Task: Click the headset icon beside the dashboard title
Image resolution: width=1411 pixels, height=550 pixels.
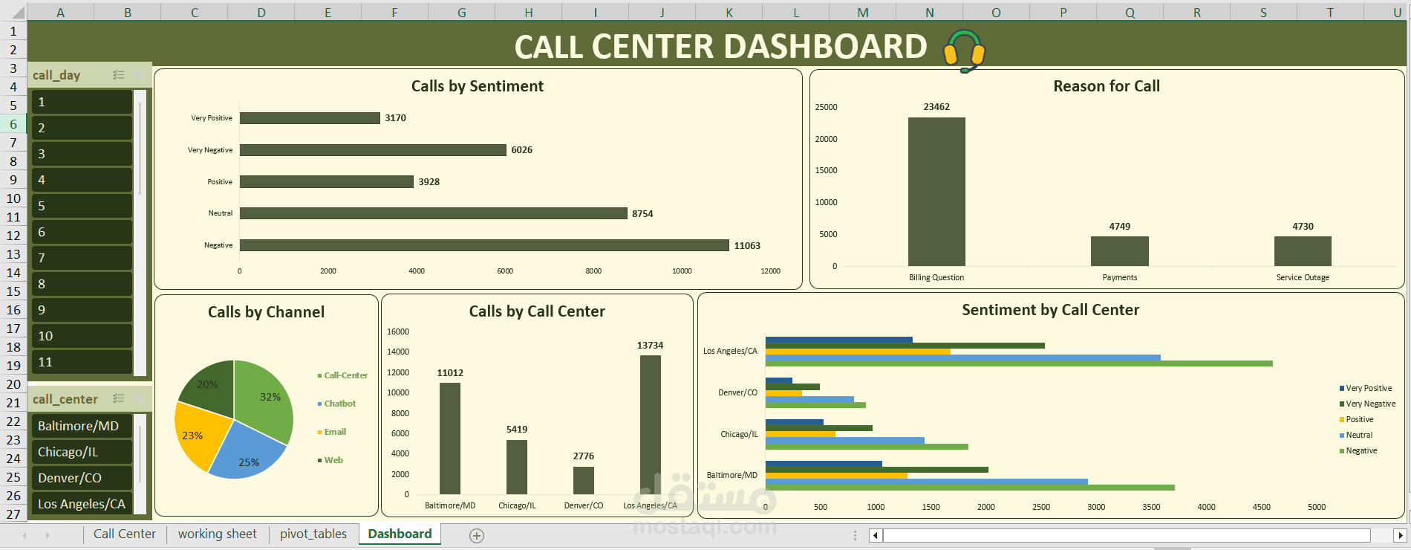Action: click(964, 50)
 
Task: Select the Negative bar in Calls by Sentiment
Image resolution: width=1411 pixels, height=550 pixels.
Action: click(483, 245)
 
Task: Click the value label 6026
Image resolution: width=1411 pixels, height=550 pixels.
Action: click(521, 150)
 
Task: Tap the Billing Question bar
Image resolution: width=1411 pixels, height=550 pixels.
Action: click(936, 192)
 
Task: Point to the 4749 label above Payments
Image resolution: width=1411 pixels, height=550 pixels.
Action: click(1119, 227)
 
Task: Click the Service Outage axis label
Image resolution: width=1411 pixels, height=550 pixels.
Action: click(1303, 278)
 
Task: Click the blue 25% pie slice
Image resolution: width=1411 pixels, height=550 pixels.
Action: click(248, 453)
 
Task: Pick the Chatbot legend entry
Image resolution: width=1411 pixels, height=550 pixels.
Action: click(339, 404)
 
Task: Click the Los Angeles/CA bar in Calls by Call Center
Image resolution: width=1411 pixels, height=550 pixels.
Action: click(650, 424)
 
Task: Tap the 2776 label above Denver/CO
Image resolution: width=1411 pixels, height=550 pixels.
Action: click(583, 456)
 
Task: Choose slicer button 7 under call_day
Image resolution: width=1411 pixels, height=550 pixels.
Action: click(81, 258)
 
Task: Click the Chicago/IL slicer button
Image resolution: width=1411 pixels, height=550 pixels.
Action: click(81, 452)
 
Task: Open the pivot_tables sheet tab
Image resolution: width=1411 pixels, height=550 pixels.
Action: click(313, 534)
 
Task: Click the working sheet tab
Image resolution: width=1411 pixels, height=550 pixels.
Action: click(217, 534)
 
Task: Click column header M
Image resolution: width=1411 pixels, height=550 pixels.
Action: click(862, 13)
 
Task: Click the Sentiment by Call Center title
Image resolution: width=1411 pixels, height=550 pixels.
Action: click(1050, 310)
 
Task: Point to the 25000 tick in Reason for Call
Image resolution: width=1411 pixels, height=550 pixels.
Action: click(826, 108)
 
